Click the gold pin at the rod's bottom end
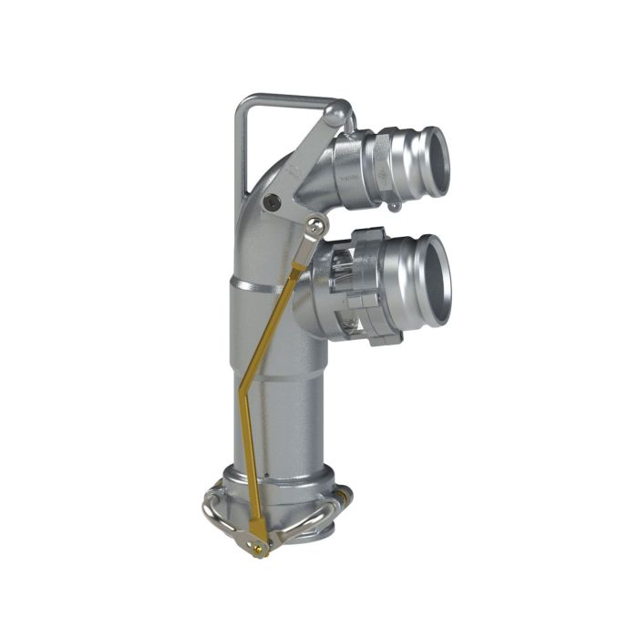click(262, 546)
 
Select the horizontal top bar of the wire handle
click(283, 97)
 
